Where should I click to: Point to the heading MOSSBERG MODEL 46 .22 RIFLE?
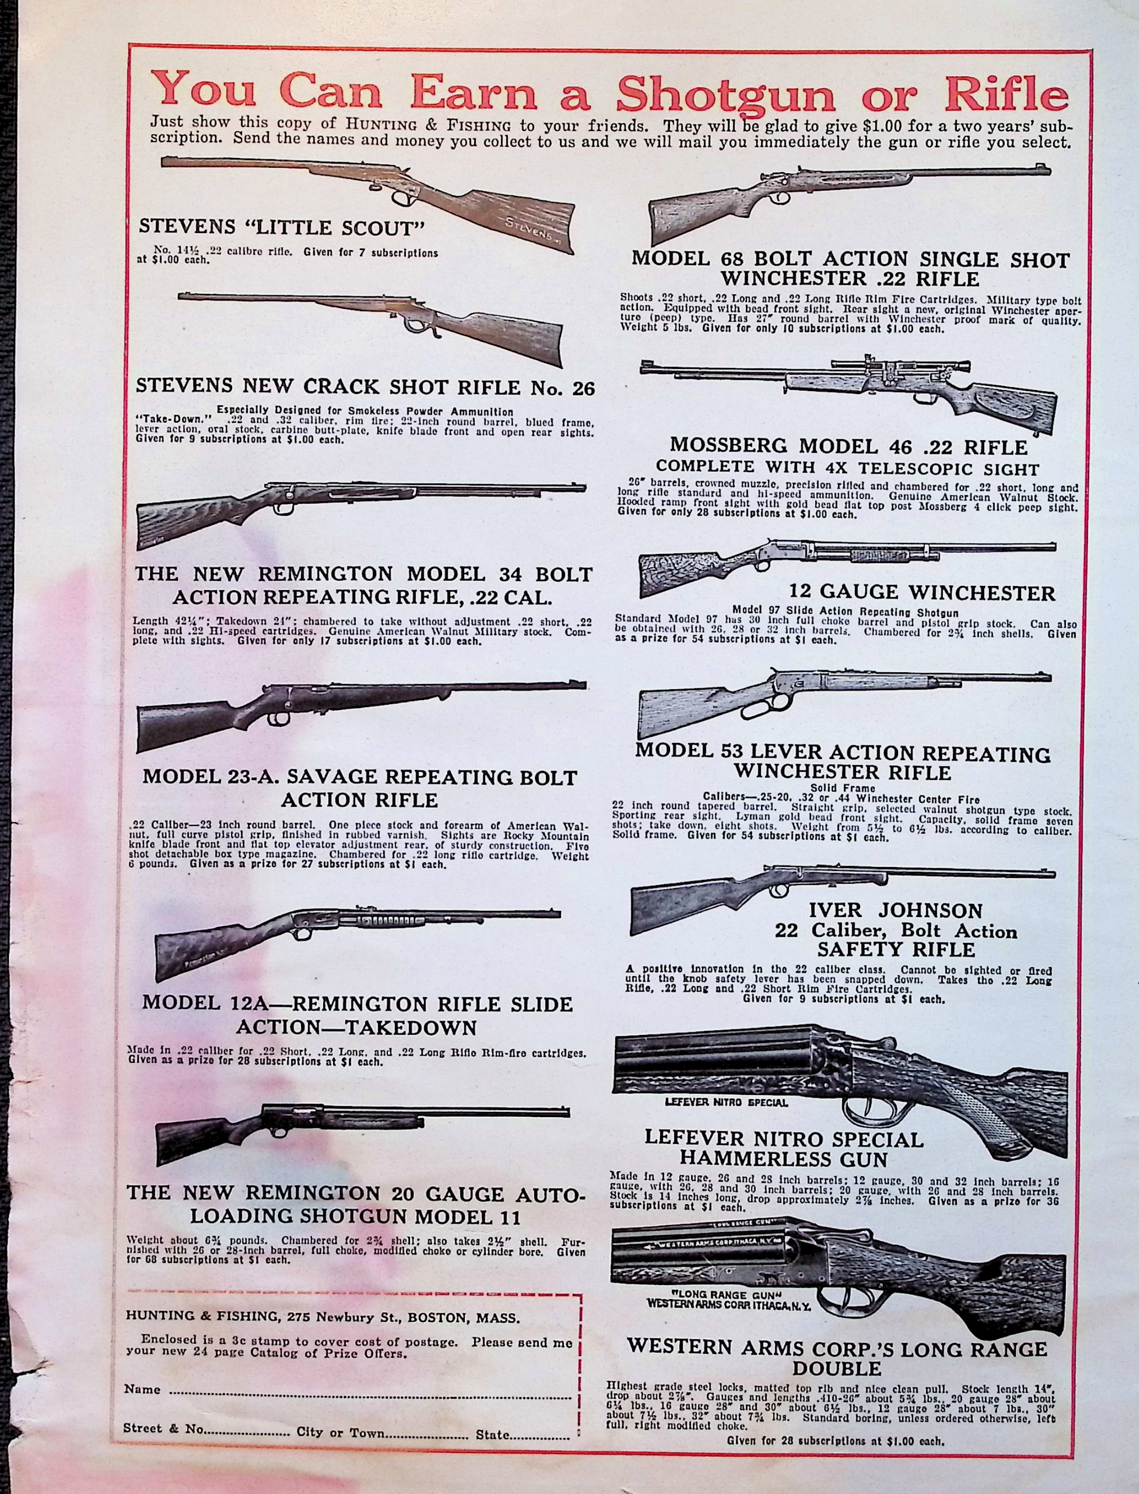848,446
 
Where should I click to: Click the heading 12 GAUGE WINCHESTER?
921,593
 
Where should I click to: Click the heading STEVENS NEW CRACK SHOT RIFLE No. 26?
365,387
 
